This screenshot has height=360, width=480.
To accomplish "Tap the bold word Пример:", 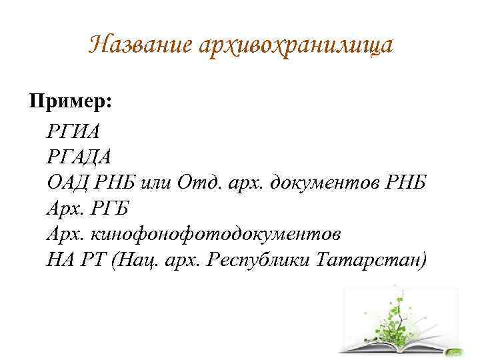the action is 71,101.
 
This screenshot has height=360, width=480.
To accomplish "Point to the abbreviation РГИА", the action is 73,131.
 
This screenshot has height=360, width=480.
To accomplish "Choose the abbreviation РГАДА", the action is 79,157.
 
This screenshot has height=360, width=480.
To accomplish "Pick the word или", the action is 155,184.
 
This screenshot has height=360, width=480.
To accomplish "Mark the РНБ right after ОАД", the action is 114,183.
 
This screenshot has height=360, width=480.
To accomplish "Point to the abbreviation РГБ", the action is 109,209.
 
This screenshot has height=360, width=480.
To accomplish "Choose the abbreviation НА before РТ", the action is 60,260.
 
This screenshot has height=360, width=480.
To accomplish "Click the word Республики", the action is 257,261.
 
